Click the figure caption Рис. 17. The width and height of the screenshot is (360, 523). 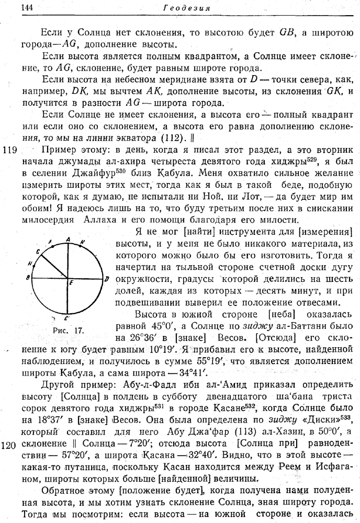pyautogui.click(x=65, y=331)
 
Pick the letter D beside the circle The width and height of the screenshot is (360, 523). pyautogui.click(x=107, y=279)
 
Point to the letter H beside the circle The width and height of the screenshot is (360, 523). pyautogui.click(x=30, y=263)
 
